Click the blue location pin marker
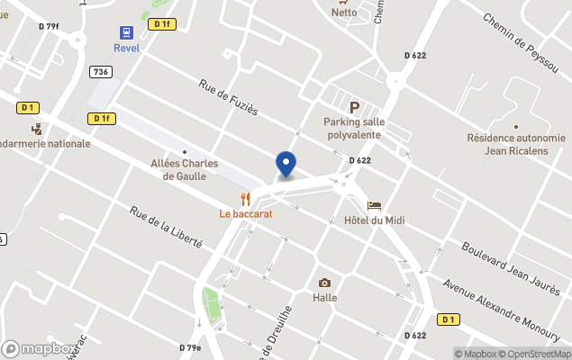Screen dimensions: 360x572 tap(286, 164)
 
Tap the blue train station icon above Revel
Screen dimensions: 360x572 tap(126, 31)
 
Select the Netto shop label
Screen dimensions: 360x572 tap(344, 13)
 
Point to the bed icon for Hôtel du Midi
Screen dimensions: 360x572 tap(374, 206)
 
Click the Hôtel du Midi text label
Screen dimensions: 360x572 tap(374, 221)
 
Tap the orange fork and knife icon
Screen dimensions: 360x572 tap(245, 199)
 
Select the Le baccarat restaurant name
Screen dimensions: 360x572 tap(246, 214)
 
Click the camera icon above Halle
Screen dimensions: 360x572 tap(324, 283)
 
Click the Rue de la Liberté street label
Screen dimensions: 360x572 tap(166, 228)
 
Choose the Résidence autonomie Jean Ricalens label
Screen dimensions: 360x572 tap(516, 144)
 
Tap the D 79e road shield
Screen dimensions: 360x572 tap(190, 347)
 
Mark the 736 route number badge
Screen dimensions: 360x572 tap(101, 71)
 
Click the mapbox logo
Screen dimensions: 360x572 tap(40, 348)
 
